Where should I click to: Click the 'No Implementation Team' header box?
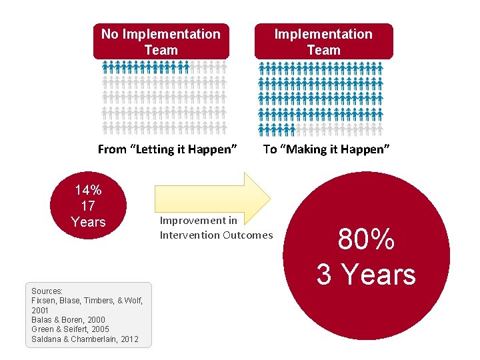tap(161, 41)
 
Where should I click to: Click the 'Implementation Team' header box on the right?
tap(323, 41)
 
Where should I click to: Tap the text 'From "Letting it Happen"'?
tap(167, 149)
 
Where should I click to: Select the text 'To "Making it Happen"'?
tap(326, 149)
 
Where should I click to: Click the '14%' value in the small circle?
tap(88, 190)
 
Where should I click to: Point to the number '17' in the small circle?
tap(88, 206)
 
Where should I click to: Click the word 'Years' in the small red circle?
tap(88, 222)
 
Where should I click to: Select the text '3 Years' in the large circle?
tap(366, 274)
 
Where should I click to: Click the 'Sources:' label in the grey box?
tap(47, 291)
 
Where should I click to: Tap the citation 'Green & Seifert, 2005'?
tap(70, 329)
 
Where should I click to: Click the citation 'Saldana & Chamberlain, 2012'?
tap(85, 339)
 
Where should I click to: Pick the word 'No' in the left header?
tap(109, 34)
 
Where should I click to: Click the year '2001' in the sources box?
tap(41, 311)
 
